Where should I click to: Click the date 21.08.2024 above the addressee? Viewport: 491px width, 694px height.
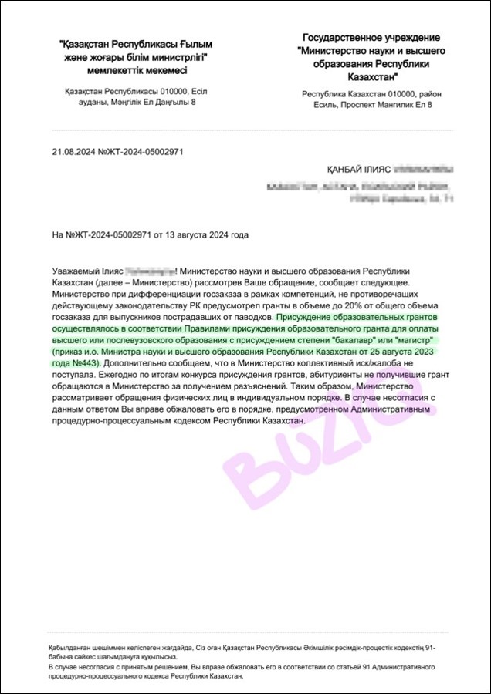coord(71,152)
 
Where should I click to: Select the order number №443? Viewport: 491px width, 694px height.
coord(85,362)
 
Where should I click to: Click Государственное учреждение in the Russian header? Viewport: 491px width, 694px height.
coord(371,37)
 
